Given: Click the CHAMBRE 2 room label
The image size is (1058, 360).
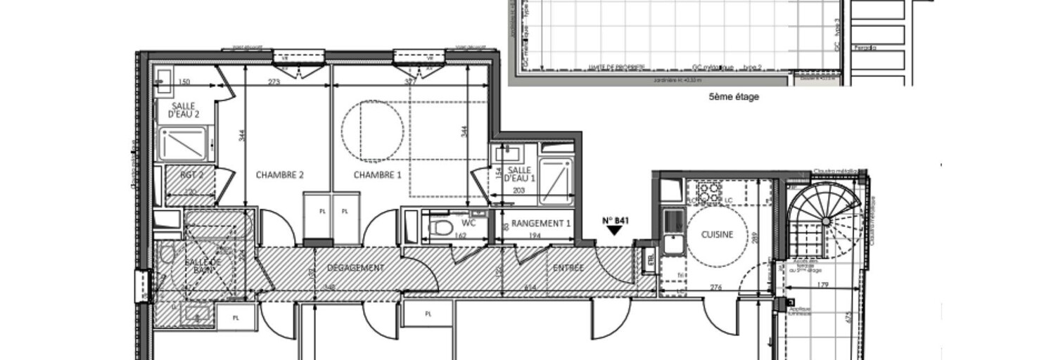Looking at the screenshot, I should tap(279, 175).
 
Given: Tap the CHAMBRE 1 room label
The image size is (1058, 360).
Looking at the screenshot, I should tap(377, 175).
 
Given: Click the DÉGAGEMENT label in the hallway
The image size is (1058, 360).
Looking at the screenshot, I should tap(356, 268).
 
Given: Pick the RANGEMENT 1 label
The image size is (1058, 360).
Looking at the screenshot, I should tap(540, 224).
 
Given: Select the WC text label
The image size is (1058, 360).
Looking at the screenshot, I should tap(469, 224).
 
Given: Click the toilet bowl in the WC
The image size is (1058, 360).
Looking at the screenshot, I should tap(441, 226).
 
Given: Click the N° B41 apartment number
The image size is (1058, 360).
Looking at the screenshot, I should tap(615, 220).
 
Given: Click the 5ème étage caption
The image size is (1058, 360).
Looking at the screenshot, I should tap(734, 98).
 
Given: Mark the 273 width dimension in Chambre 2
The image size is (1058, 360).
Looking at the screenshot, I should tap(274, 82).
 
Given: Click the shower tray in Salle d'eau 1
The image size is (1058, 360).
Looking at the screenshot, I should tap(556, 181).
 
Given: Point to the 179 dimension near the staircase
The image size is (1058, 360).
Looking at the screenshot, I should tap(822, 285).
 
